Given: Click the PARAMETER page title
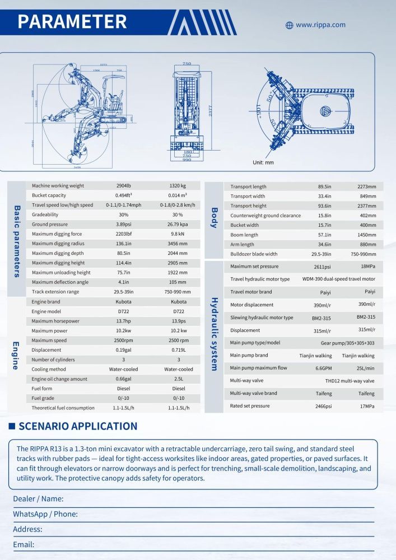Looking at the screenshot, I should click(72, 21).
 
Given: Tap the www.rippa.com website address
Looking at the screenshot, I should click(320, 25).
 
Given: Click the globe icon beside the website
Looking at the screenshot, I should click(290, 25).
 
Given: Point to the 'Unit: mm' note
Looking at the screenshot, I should click(263, 162).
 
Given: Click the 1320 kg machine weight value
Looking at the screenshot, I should click(178, 186).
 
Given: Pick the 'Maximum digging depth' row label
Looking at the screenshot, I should click(58, 253).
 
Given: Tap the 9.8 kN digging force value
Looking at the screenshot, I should click(178, 234).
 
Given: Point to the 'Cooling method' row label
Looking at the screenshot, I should click(49, 370).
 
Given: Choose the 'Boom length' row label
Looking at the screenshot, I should click(244, 235).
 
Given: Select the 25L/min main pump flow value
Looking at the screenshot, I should click(367, 368).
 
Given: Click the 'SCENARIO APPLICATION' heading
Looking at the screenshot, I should click(78, 426).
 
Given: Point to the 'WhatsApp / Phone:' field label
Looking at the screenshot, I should click(45, 514).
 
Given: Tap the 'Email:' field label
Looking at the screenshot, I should click(24, 544).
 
